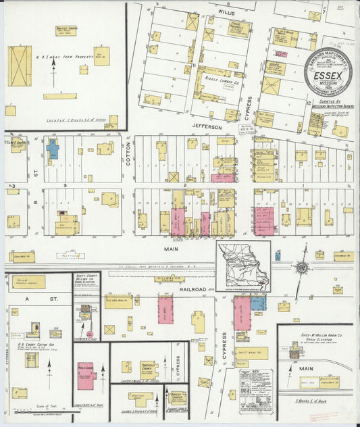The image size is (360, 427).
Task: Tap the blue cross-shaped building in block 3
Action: click(53, 148)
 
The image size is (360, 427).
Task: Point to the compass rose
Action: click(302, 267)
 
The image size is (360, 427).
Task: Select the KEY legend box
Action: click(256, 387)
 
